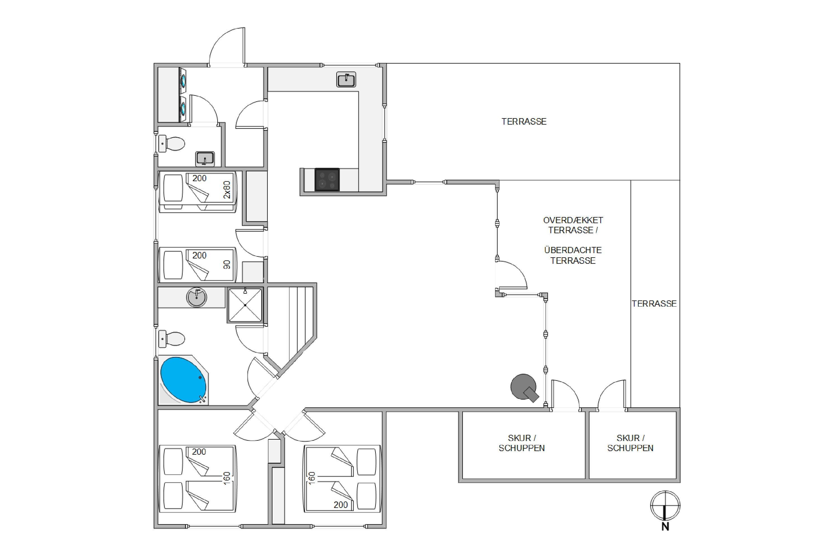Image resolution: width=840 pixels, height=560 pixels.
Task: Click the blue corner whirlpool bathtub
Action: coord(183,380)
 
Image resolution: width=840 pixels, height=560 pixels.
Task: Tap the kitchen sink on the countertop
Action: coord(346,79)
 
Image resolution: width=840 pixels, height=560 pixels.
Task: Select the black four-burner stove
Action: coord(327,180)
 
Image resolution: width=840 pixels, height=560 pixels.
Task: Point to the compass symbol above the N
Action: coord(665,505)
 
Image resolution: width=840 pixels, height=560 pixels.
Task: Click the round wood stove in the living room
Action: coord(524,388)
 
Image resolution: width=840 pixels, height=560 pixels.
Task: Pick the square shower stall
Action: coord(245,305)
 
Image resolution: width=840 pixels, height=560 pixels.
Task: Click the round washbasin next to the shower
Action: coord(197,297)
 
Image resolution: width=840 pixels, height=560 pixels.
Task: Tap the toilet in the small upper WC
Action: coord(172,144)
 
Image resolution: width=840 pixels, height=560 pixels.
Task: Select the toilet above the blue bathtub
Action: coord(172,339)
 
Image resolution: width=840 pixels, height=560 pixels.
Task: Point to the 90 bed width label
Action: coord(227,265)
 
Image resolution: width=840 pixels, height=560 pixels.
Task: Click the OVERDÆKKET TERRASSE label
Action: coord(573,225)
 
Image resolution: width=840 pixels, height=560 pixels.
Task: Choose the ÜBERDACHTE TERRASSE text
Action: coord(573,255)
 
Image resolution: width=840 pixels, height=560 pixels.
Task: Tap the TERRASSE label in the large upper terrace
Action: coord(524,122)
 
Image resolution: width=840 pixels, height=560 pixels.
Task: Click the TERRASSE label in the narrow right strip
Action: coord(654,304)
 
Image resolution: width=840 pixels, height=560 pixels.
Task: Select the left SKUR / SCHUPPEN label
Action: coord(522,443)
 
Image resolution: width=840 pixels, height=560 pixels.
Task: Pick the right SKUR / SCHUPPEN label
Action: coord(630,443)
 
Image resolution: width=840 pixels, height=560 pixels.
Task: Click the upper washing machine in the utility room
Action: coord(183,81)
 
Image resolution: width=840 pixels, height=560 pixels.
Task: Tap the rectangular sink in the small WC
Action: coord(205,158)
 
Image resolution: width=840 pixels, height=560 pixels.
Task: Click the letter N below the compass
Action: coord(665,526)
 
